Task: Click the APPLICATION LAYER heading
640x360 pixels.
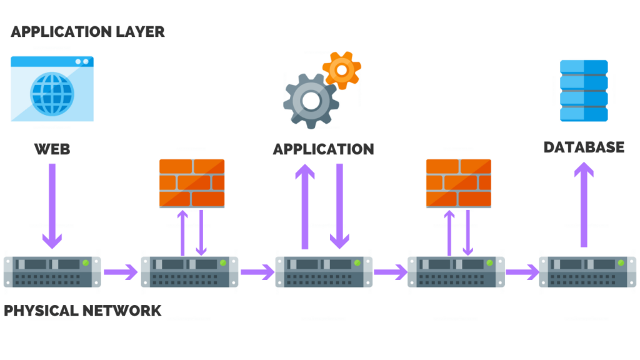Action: [x=87, y=32]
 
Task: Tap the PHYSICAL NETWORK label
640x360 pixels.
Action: [x=82, y=311]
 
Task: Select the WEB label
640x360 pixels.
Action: [x=52, y=149]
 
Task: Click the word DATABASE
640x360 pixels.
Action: [x=584, y=147]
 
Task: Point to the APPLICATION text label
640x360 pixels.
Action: [x=323, y=149]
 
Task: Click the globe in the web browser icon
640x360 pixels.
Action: [x=52, y=94]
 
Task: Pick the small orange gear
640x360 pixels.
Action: [x=341, y=70]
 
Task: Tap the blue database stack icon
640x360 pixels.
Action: [x=584, y=91]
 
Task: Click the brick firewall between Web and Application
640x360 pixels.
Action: [x=192, y=183]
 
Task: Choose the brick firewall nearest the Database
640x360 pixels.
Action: [x=458, y=183]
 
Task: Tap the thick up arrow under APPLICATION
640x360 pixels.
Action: [x=306, y=206]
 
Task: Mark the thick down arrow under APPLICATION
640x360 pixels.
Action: [x=339, y=206]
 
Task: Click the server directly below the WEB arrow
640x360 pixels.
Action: [x=52, y=271]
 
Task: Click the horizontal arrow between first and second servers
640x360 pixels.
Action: [x=121, y=272]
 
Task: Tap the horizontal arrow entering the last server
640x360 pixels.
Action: [x=522, y=272]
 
